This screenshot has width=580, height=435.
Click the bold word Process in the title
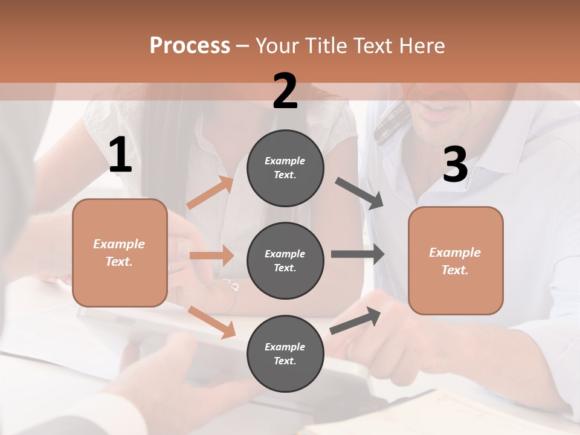click(x=190, y=45)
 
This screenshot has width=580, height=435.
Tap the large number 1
click(x=120, y=155)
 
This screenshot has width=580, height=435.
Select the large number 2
click(x=285, y=91)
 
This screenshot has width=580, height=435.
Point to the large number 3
click(x=455, y=165)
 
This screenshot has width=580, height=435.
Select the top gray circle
click(x=285, y=168)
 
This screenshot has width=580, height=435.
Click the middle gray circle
click(x=285, y=260)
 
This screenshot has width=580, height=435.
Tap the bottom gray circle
click(x=285, y=353)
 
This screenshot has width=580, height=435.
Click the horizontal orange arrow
click(x=211, y=256)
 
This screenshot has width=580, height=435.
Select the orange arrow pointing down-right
click(x=211, y=321)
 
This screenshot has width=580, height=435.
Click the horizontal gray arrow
click(x=358, y=254)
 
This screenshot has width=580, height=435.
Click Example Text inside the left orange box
click(x=119, y=253)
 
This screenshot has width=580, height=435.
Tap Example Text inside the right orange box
click(x=455, y=261)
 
